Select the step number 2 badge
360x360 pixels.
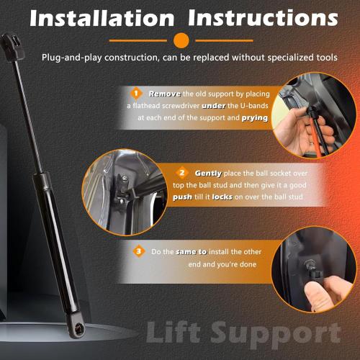tap(183, 174)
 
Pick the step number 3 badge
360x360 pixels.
tap(138, 252)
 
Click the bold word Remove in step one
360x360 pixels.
tap(165, 94)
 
